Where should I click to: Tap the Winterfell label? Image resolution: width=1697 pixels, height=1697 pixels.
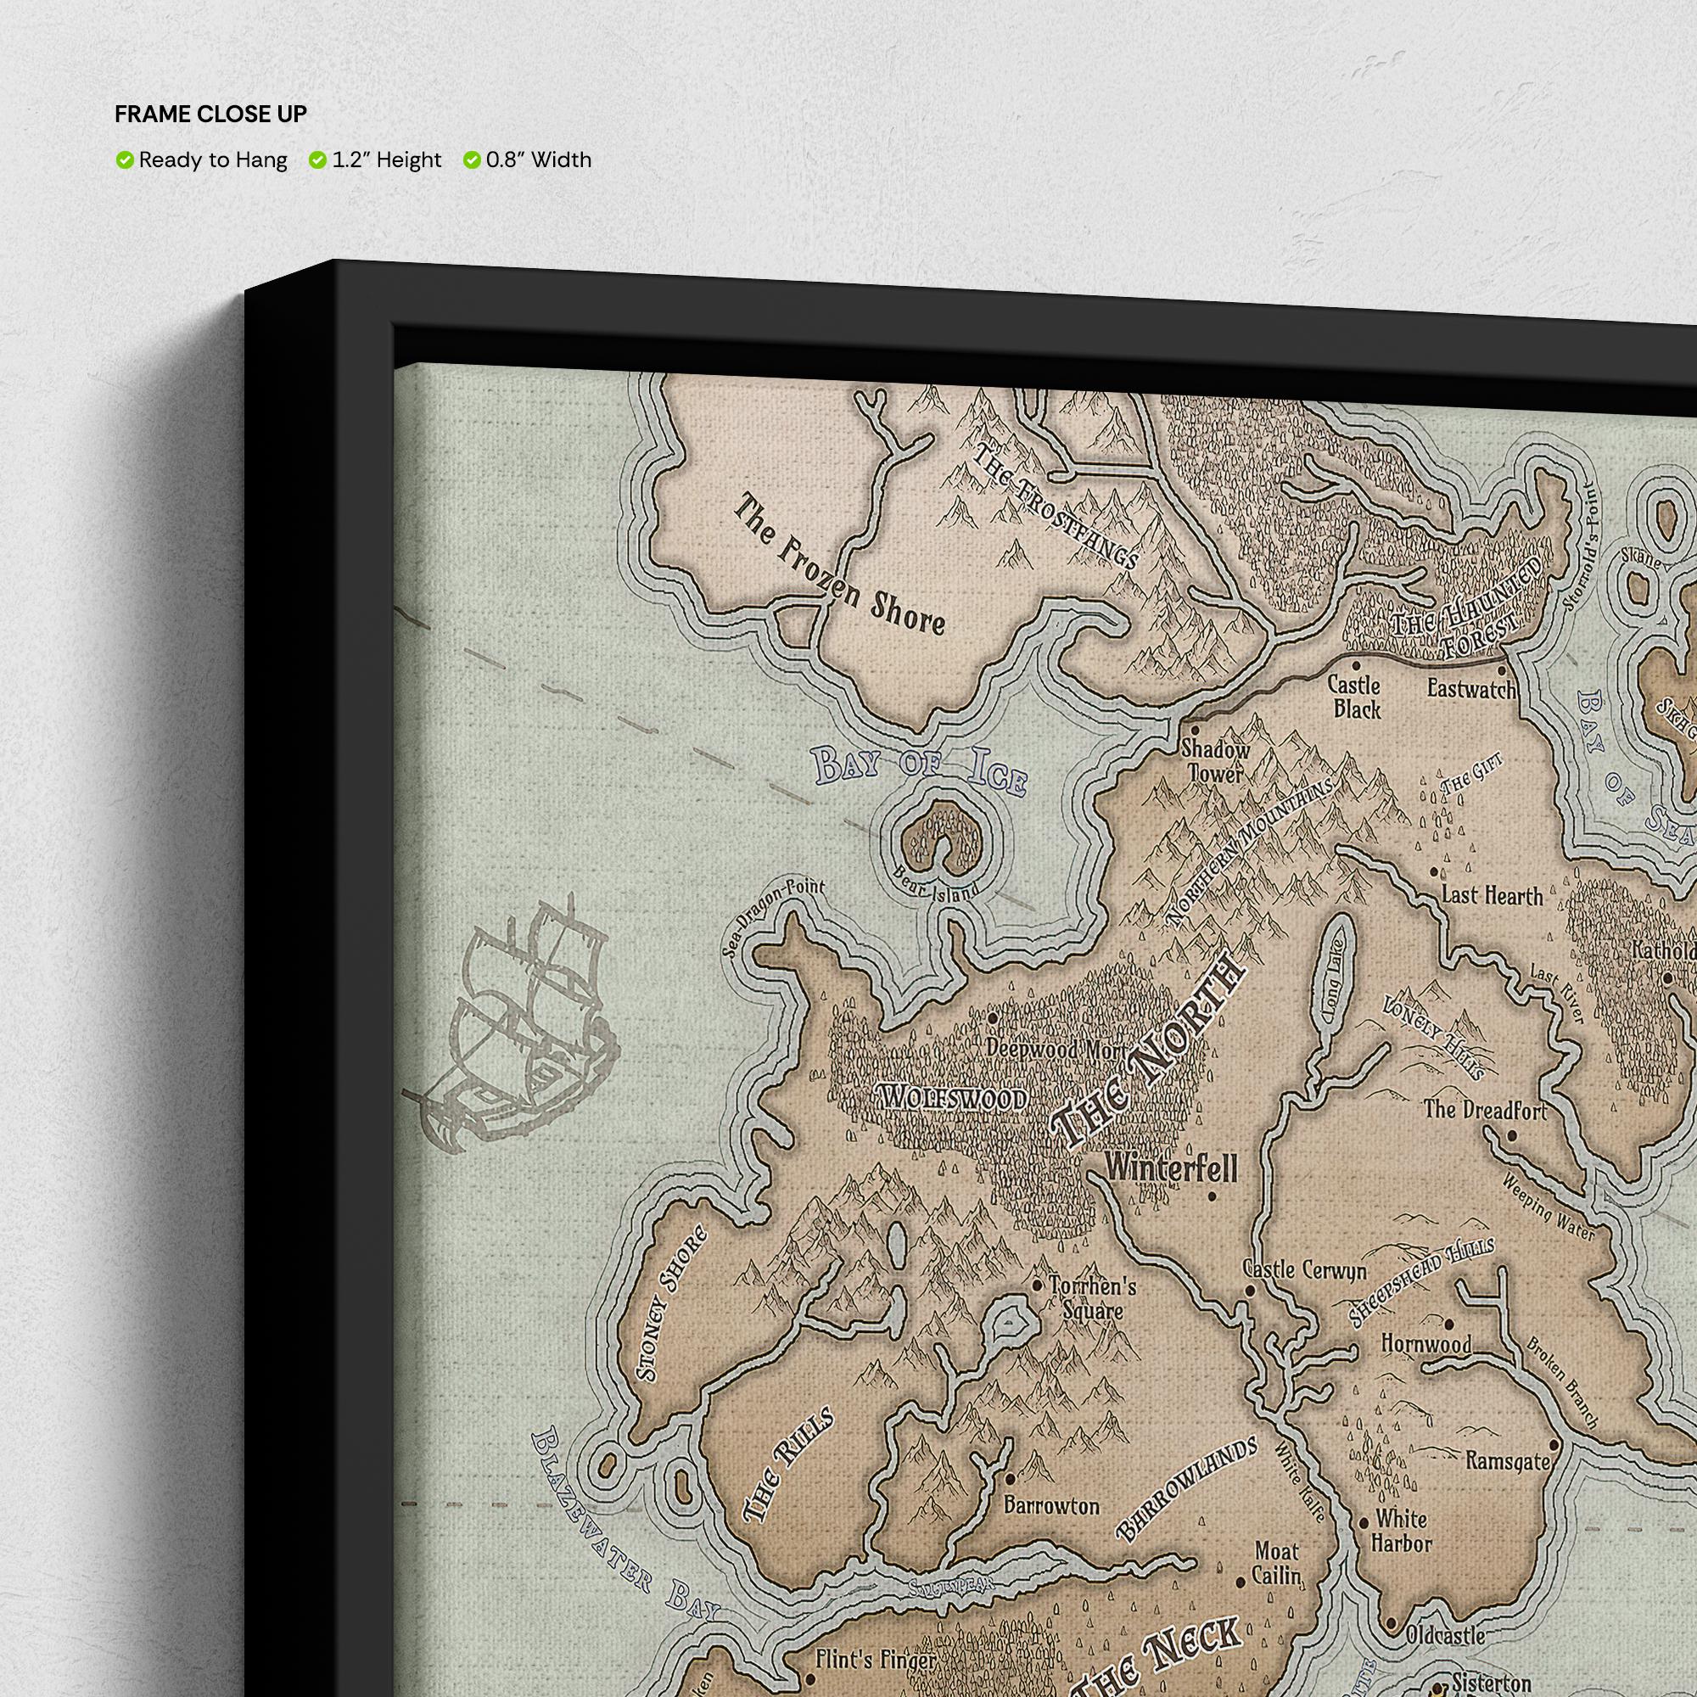click(x=1171, y=1168)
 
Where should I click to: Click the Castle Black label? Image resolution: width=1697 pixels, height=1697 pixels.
click(x=1353, y=697)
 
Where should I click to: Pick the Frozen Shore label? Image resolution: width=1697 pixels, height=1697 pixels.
click(x=840, y=564)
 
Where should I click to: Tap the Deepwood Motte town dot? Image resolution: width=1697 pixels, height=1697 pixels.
click(x=994, y=1018)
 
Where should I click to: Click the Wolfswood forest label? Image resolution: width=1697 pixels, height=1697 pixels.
click(x=952, y=1096)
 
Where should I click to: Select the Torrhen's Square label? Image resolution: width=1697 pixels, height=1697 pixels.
click(x=1092, y=1297)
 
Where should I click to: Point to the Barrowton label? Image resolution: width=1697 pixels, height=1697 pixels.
click(x=1051, y=1505)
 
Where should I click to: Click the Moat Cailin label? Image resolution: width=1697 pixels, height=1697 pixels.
click(x=1276, y=1563)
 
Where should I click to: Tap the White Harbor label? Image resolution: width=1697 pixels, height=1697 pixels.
click(x=1402, y=1530)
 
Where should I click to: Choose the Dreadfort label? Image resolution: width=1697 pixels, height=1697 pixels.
click(x=1484, y=1110)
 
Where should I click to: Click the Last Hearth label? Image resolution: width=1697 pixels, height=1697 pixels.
click(x=1493, y=895)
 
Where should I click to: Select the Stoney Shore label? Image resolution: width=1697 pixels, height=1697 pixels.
click(x=672, y=1303)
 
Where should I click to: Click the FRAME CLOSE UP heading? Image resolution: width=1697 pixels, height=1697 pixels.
click(x=210, y=115)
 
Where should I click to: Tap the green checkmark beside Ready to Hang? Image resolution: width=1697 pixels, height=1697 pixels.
click(x=125, y=160)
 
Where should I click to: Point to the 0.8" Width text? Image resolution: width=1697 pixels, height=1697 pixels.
click(x=539, y=160)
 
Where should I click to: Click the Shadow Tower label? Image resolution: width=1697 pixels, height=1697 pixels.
click(x=1215, y=760)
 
